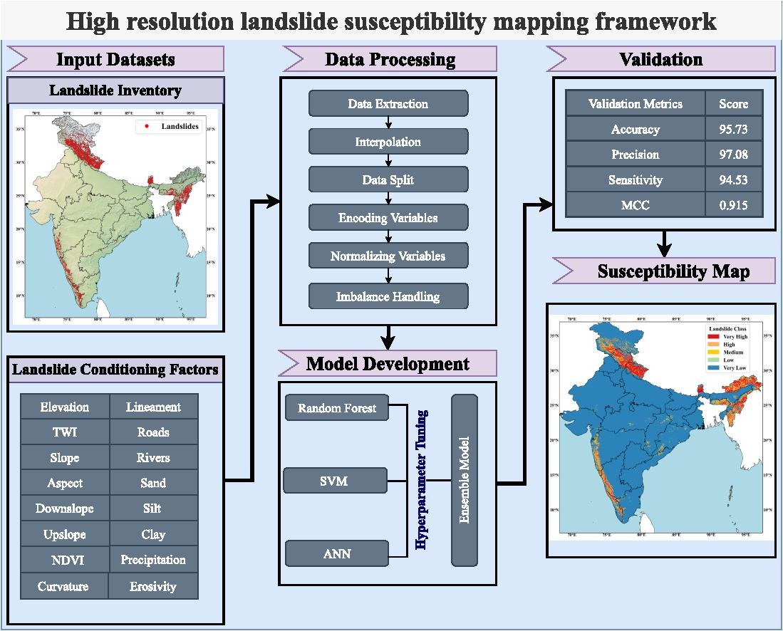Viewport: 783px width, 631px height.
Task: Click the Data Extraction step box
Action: point(388,103)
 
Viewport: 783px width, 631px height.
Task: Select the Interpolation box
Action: point(388,142)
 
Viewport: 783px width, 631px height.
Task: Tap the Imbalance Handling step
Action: point(388,296)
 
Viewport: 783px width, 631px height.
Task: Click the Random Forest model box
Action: point(337,408)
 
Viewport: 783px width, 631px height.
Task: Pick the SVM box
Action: point(334,481)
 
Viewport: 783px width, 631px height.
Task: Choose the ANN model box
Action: point(337,553)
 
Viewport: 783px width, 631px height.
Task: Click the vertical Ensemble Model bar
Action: point(465,480)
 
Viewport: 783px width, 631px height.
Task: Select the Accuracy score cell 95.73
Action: point(734,130)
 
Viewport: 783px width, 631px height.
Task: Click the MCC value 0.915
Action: point(734,206)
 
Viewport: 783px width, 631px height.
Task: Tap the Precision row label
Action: point(636,155)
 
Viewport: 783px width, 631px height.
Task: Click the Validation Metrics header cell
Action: point(636,104)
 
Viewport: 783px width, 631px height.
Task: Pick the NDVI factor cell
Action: point(66,560)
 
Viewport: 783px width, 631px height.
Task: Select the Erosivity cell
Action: point(153,587)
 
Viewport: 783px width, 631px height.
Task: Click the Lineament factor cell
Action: point(153,407)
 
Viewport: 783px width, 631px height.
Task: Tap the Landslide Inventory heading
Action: point(115,91)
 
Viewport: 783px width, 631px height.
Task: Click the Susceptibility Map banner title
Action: point(673,271)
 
